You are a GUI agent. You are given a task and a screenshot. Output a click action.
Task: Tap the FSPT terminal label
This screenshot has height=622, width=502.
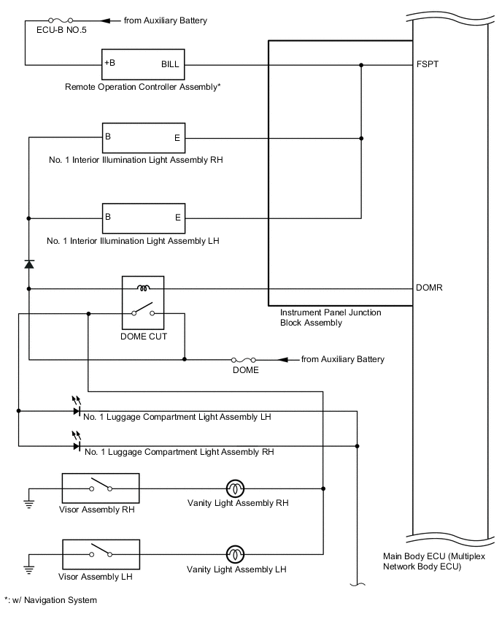[x=426, y=64]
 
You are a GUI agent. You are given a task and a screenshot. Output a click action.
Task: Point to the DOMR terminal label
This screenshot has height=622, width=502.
[x=428, y=288]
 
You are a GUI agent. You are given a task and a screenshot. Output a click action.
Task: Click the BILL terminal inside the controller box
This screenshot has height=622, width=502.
[x=169, y=64]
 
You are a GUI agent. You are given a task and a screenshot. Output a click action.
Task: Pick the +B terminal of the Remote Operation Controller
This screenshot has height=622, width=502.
[x=110, y=63]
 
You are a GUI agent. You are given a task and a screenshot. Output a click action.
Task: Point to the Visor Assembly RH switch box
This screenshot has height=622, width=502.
[x=101, y=488]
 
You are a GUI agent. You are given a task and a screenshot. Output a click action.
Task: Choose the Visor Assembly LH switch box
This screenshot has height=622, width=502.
[x=101, y=553]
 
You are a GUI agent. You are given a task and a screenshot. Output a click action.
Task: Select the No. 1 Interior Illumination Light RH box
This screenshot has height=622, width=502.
[x=143, y=137]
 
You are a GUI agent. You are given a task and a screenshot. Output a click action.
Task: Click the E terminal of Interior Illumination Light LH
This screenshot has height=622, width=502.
[x=177, y=217]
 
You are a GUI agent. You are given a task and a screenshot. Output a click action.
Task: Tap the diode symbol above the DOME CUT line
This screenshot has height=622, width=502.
[x=29, y=264]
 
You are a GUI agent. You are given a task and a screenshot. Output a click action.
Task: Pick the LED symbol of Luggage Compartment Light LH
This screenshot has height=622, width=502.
[x=77, y=410]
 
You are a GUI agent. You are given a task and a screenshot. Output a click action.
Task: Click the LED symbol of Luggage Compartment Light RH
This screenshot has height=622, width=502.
[x=77, y=445]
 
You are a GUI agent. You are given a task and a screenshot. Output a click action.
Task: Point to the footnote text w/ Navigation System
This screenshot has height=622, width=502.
[x=50, y=600]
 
